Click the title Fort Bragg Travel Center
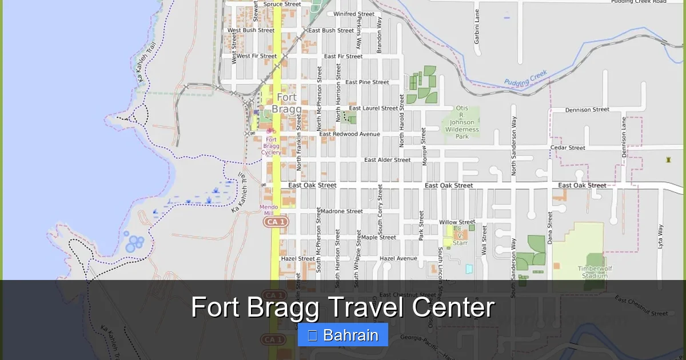pyautogui.click(x=342, y=307)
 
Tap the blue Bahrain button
pyautogui.click(x=343, y=335)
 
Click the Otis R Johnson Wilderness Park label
pyautogui.click(x=462, y=122)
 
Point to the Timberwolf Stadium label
pyautogui.click(x=592, y=272)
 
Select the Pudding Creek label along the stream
pyautogui.click(x=526, y=78)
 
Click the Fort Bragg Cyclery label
pyautogui.click(x=271, y=146)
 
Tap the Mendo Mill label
pyautogui.click(x=269, y=210)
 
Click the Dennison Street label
pyautogui.click(x=587, y=110)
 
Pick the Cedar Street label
pyautogui.click(x=568, y=148)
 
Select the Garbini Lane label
pyautogui.click(x=477, y=26)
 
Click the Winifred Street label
pyautogui.click(x=354, y=14)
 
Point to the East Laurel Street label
pyautogui.click(x=373, y=108)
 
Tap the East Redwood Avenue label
pyautogui.click(x=349, y=134)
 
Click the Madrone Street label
pyautogui.click(x=341, y=211)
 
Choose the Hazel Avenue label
pyautogui.click(x=398, y=258)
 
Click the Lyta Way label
pyautogui.click(x=660, y=238)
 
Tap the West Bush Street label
pyautogui.click(x=251, y=30)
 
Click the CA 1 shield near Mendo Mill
pyautogui.click(x=276, y=221)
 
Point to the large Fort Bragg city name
pyautogui.click(x=286, y=103)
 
